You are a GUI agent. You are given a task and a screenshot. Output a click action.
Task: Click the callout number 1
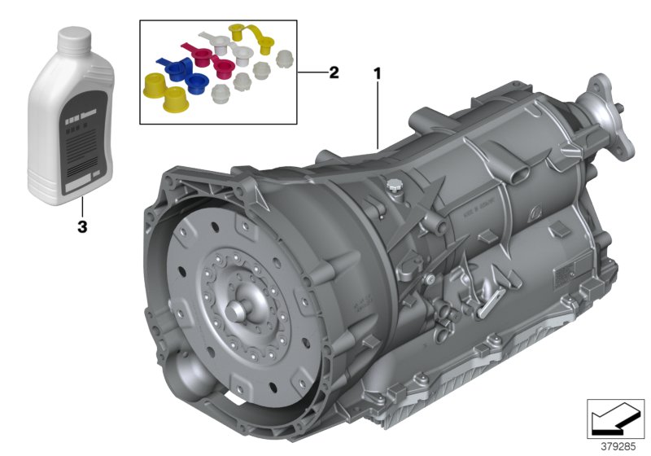click(377, 72)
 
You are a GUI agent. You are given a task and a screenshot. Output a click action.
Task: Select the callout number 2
click(333, 72)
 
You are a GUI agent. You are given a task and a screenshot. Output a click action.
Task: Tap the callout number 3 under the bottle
click(81, 227)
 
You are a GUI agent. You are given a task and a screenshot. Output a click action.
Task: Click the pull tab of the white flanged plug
click(215, 38)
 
